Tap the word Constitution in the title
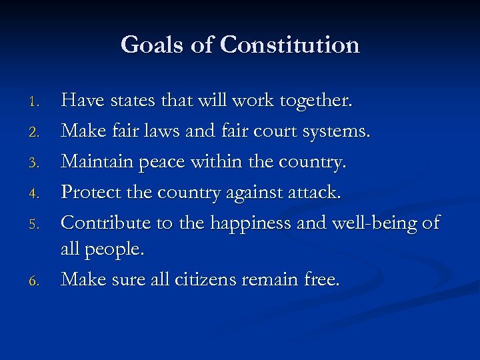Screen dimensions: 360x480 click(289, 45)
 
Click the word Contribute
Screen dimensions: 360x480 click(107, 223)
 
